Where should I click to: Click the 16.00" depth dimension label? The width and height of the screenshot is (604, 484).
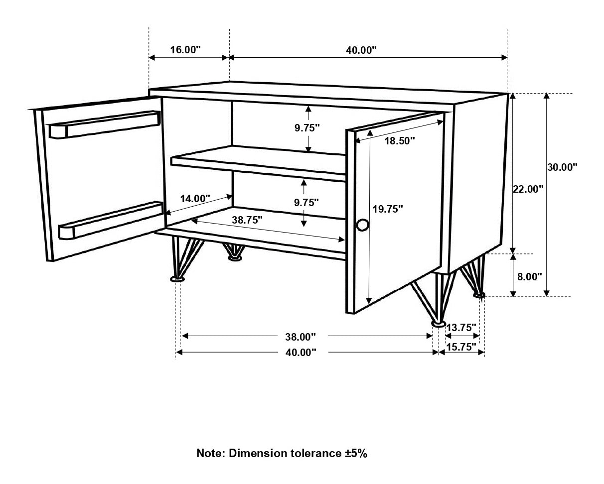click(185, 50)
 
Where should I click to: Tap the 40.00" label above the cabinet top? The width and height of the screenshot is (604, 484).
click(361, 50)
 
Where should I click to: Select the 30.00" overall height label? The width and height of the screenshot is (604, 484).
click(562, 167)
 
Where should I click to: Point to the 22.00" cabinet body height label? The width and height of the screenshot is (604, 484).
click(528, 189)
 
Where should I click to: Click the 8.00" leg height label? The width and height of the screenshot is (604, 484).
click(529, 277)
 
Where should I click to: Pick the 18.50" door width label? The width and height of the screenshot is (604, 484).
click(400, 141)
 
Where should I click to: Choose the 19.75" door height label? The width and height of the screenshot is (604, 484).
click(387, 209)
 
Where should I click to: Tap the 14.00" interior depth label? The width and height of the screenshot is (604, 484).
click(195, 198)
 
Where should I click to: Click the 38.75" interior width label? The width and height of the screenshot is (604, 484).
click(247, 219)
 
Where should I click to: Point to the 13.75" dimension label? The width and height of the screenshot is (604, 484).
click(461, 328)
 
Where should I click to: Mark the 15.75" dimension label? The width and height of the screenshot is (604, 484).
click(461, 348)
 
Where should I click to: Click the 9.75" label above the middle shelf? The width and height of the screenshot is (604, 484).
click(306, 127)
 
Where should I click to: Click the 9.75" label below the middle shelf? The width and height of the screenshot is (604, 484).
click(306, 202)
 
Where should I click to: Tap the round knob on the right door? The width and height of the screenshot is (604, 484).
click(362, 225)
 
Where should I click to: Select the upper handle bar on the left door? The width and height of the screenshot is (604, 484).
click(105, 124)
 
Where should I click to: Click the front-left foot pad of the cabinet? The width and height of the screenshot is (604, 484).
click(177, 280)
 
